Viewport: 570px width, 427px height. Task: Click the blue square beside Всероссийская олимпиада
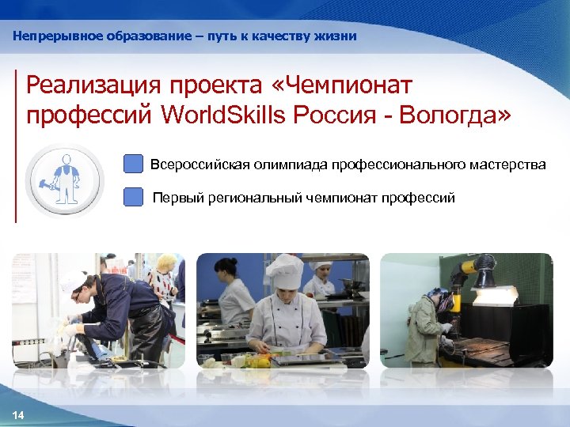coord(134,164)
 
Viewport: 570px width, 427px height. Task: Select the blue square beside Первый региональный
coord(134,197)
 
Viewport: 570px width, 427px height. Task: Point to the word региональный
coord(253,198)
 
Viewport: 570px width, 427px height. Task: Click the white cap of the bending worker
coord(73,281)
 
